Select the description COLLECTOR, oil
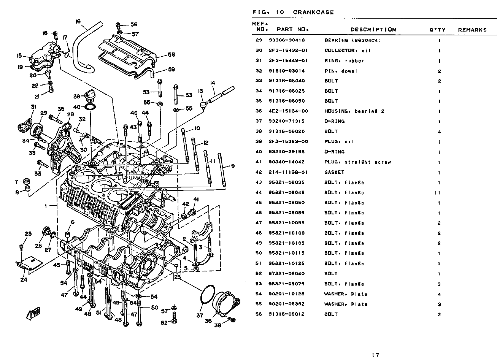[x=348, y=51]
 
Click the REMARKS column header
[x=472, y=30]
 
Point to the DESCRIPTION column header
[x=373, y=30]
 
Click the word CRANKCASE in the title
[x=313, y=12]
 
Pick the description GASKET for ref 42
[x=334, y=172]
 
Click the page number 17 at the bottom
[x=376, y=355]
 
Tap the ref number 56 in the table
[x=259, y=314]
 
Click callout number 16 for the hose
[x=78, y=22]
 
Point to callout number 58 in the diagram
[x=171, y=55]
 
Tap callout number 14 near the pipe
[x=212, y=83]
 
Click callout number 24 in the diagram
[x=24, y=280]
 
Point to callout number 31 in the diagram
[x=33, y=107]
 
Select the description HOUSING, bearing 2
[x=354, y=111]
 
